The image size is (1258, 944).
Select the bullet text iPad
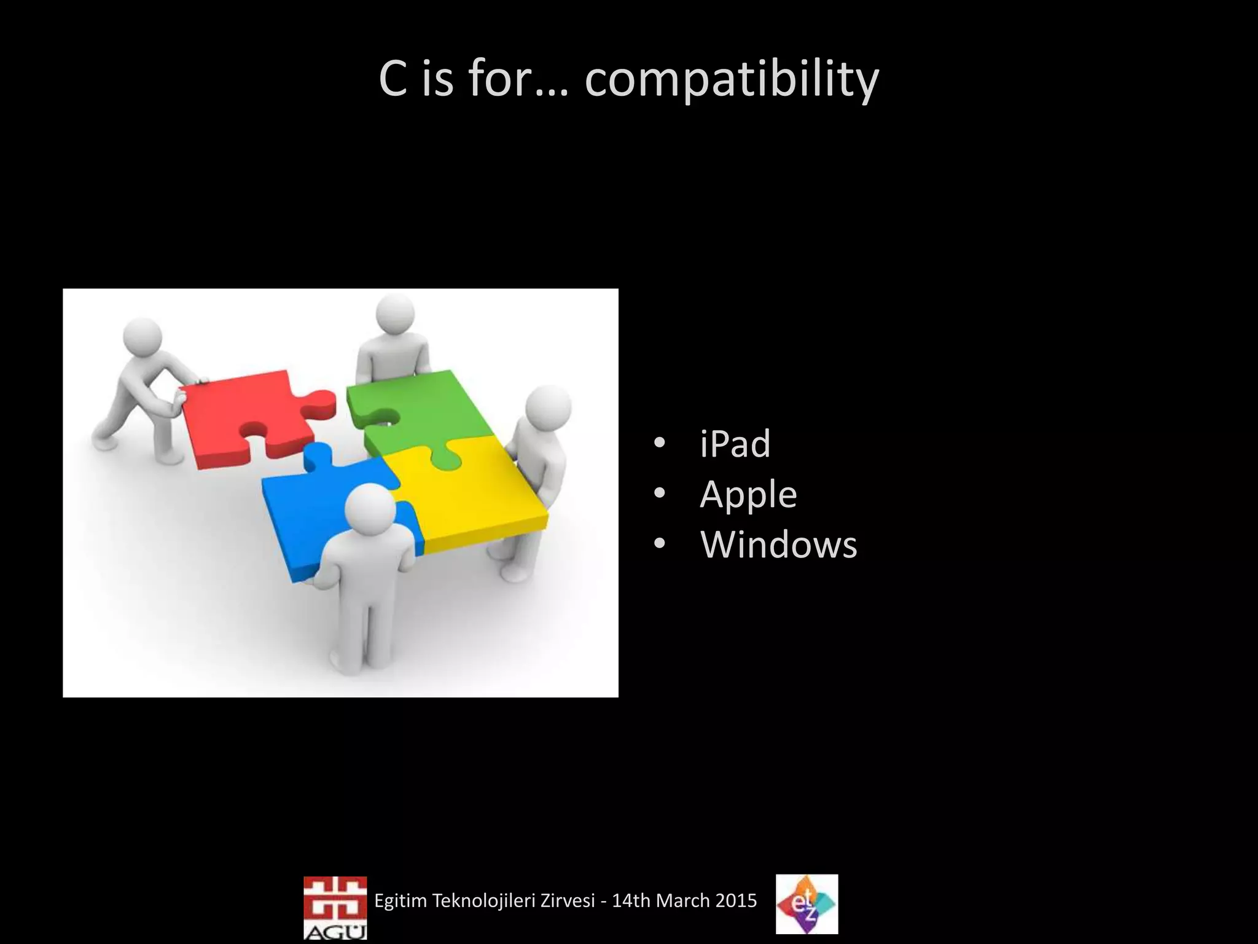click(x=735, y=443)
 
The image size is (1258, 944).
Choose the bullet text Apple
click(x=748, y=494)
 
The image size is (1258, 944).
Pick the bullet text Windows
click(x=778, y=545)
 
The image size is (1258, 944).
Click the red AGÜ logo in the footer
click(x=335, y=907)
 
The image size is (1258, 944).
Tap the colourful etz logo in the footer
click(x=807, y=904)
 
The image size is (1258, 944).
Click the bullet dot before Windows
click(x=659, y=545)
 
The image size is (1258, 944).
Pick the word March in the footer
click(x=682, y=901)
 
